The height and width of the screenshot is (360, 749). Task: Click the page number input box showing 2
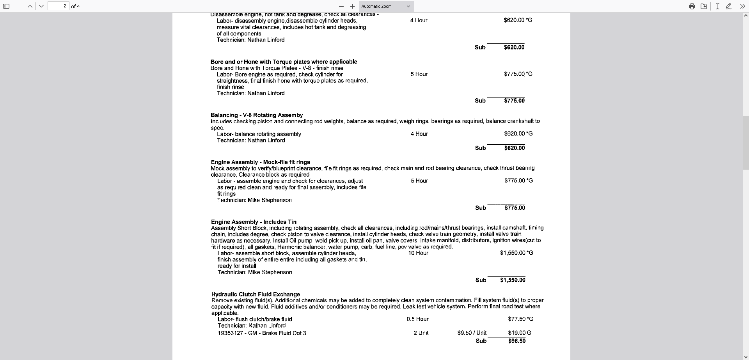tap(59, 6)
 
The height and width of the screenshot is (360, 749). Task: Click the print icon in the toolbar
tap(692, 6)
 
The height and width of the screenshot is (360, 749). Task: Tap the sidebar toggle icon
tap(6, 6)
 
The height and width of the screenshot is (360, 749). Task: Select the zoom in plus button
tap(352, 6)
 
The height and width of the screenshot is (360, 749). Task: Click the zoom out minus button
tap(341, 6)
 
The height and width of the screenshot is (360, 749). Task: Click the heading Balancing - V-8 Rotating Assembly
tap(256, 115)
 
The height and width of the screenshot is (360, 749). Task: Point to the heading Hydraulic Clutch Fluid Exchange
tap(256, 294)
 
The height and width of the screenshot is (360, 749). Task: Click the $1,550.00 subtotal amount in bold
tap(513, 280)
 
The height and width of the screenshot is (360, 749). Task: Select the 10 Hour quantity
tap(418, 253)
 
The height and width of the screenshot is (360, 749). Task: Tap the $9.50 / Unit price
tap(472, 333)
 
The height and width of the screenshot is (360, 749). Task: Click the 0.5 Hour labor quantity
tap(417, 319)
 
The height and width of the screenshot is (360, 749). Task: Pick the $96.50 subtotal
tap(516, 341)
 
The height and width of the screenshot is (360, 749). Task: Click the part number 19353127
tap(230, 333)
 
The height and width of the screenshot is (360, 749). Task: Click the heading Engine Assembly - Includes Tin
tap(254, 222)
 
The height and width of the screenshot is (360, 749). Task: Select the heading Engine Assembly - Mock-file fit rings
tap(260, 162)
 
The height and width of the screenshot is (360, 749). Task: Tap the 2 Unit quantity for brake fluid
tap(421, 333)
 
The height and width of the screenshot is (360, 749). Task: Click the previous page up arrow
tap(30, 6)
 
